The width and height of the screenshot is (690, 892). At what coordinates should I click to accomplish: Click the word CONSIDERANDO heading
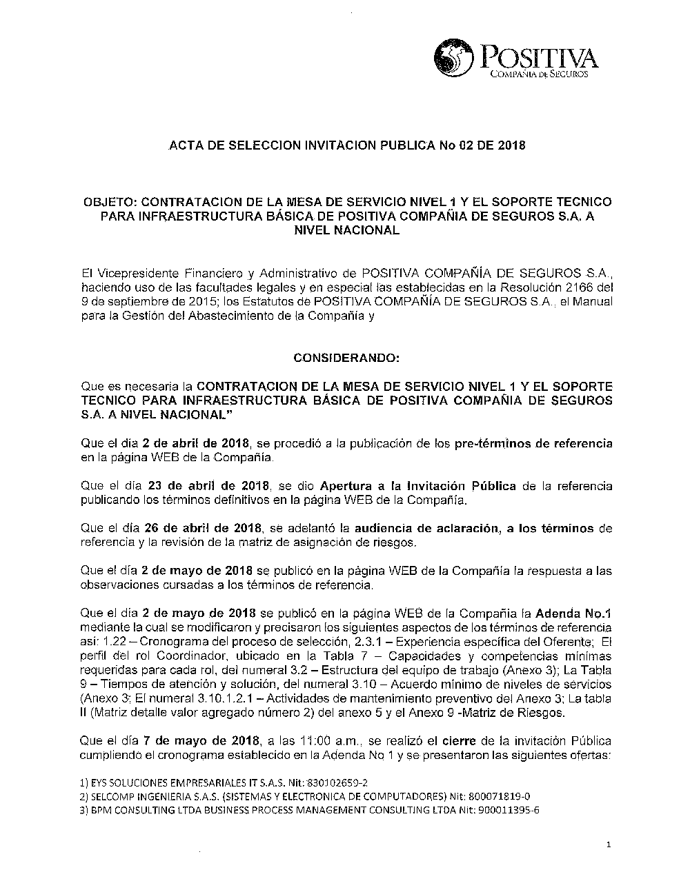click(346, 358)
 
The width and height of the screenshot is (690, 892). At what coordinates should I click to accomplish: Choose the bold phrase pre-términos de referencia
click(533, 443)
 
